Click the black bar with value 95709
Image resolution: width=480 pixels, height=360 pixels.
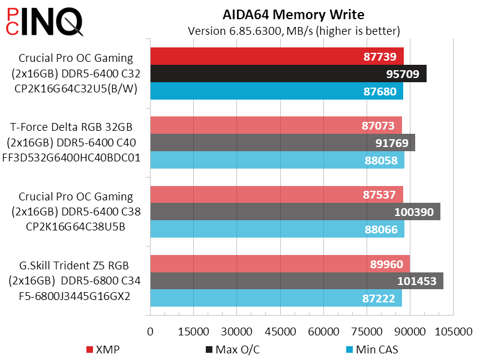(x=288, y=74)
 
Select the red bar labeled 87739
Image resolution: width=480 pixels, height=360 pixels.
(x=277, y=56)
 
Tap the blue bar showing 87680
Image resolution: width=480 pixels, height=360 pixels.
(x=277, y=91)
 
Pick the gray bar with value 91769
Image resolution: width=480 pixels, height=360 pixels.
(x=283, y=143)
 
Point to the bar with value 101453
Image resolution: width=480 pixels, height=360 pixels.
(x=296, y=281)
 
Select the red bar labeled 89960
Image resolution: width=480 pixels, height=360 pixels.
(x=280, y=263)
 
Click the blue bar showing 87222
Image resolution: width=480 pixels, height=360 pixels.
(x=276, y=298)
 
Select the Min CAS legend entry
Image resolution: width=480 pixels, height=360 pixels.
(x=371, y=349)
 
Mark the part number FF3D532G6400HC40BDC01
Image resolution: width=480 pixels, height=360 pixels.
(x=76, y=158)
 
